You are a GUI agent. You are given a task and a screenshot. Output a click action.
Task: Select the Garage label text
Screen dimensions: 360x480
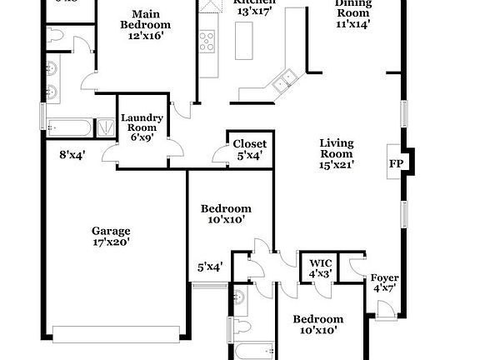pos(110,231)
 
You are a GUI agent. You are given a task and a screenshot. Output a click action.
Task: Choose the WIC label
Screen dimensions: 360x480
pos(321,262)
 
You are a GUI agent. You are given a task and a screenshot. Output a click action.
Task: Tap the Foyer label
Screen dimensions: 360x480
pos(384,277)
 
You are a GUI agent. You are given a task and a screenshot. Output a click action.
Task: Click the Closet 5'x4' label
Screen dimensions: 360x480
pos(249,144)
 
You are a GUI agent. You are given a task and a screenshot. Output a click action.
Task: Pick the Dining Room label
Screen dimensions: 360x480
pos(352,7)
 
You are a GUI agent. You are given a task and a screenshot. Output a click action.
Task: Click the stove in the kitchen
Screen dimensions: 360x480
pos(207,40)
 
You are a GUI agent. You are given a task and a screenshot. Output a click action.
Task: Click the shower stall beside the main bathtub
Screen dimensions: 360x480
pos(107,127)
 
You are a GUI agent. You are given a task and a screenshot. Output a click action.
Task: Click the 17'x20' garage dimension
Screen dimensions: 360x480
pos(110,242)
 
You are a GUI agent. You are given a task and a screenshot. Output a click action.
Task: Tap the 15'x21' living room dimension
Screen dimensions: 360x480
pos(336,165)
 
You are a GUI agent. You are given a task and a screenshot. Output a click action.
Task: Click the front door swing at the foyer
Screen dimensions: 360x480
pos(384,309)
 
